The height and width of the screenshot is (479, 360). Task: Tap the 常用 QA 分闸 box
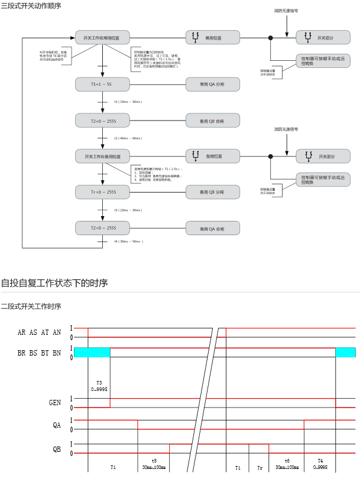pos(212,85)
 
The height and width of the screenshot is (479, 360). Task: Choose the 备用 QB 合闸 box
pos(212,121)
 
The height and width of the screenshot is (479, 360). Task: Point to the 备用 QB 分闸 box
pos(212,192)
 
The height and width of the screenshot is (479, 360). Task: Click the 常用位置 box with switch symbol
pos(212,38)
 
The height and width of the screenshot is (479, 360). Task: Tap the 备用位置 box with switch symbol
pos(212,157)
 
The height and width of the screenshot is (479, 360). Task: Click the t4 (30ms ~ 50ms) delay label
pos(128,242)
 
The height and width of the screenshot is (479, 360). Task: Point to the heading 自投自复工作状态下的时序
pos(54,283)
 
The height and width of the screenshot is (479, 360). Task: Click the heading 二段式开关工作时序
pos(31,306)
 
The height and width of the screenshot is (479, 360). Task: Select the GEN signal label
pos(55,402)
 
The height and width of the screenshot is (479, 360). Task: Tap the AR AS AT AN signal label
pos(39,332)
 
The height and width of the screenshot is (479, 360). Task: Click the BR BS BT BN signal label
pos(39,353)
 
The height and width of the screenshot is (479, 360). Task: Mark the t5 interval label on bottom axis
pos(154,460)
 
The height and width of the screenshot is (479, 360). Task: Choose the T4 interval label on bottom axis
pos(320,460)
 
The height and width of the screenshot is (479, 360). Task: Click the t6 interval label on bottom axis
pos(287,460)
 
